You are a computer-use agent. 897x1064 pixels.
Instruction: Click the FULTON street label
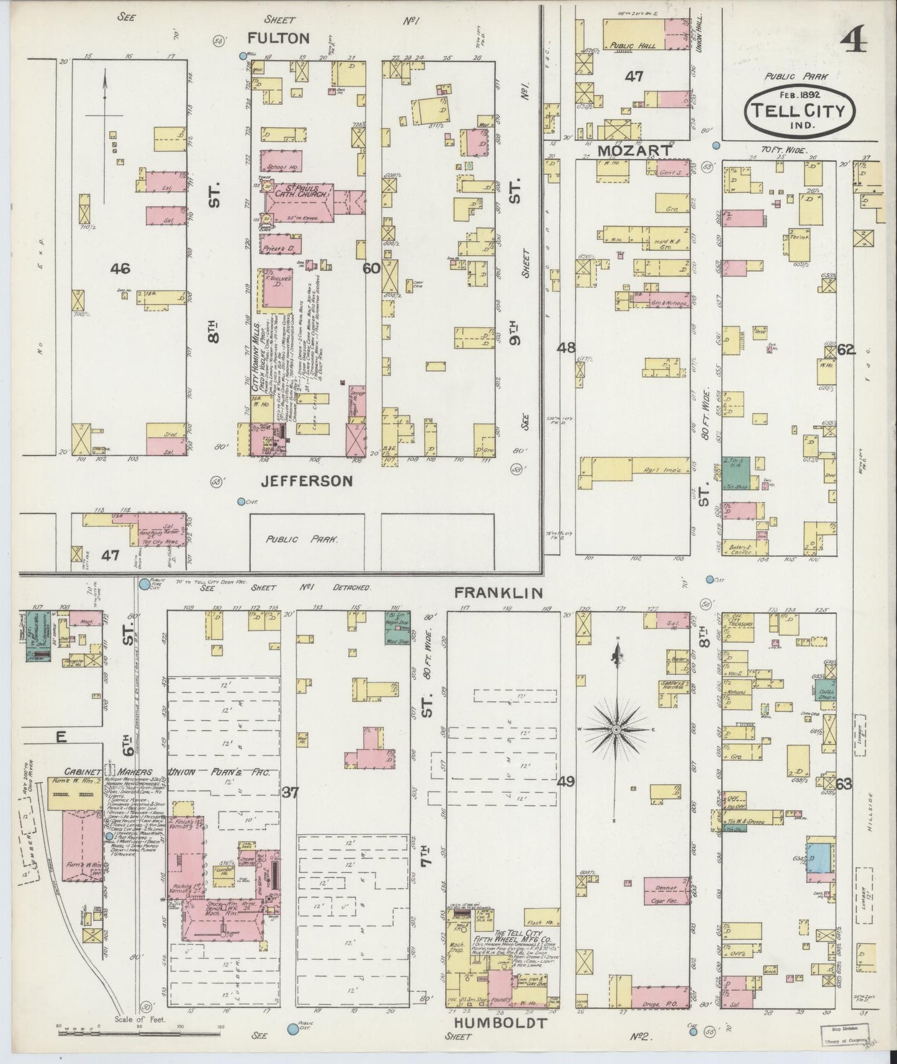coord(278,38)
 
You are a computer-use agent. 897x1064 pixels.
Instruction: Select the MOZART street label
coord(634,150)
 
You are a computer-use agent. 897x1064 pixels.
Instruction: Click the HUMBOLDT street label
coord(500,1023)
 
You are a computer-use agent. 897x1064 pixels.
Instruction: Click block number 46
coord(120,268)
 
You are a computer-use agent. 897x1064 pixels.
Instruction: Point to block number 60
coord(371,268)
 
